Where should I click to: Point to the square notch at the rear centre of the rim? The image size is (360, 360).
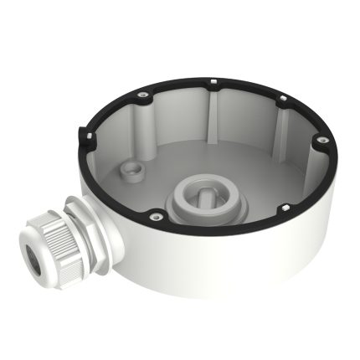tap(214, 82)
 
